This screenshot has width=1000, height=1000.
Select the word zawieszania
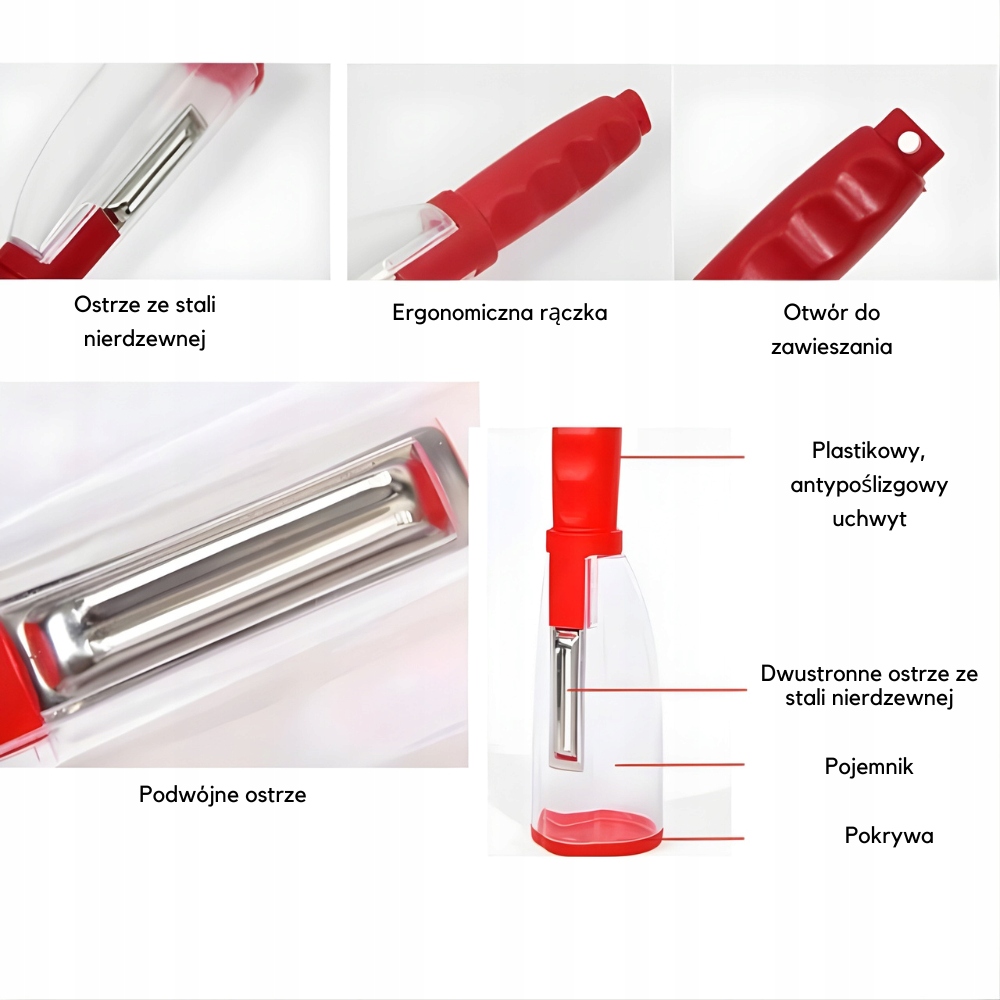point(831,347)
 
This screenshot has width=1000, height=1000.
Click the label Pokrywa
point(889,835)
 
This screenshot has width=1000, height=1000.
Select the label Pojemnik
point(869,766)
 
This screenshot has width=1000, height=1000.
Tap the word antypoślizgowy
point(869,485)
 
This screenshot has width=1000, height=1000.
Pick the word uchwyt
point(869,518)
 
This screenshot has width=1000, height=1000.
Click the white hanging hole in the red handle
point(907,141)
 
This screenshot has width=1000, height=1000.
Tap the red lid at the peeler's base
point(598,831)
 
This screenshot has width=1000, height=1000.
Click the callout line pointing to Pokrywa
point(702,838)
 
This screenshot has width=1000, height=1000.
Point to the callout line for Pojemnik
point(679,764)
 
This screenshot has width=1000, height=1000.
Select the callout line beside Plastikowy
point(681,457)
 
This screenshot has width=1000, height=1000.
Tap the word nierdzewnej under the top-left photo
point(145,339)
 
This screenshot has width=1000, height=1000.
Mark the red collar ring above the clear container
point(584,541)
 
